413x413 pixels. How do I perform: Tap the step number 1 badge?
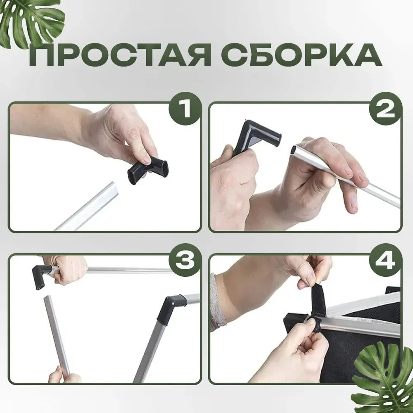click(x=185, y=109)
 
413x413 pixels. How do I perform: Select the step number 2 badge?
click(x=385, y=109)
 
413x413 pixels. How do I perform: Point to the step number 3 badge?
click(x=185, y=260)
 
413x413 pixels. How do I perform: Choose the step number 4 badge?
click(x=385, y=260)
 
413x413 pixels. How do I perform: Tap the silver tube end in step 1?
click(x=112, y=188)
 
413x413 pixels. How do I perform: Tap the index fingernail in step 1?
click(x=145, y=159)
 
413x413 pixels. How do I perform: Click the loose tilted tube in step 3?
click(x=57, y=335)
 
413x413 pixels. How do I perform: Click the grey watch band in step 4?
click(x=218, y=303)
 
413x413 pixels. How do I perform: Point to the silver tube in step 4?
click(x=361, y=327)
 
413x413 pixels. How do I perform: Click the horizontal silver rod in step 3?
click(x=126, y=270)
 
